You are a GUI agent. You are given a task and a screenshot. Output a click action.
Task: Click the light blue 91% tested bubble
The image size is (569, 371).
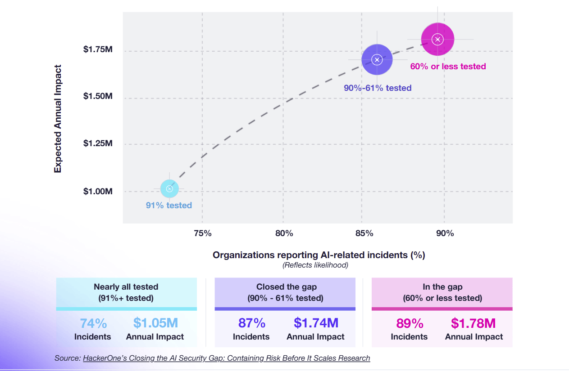170,189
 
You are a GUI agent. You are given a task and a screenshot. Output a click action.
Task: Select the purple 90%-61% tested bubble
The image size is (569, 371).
377,59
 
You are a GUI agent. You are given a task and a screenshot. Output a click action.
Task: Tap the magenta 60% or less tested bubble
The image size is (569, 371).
437,40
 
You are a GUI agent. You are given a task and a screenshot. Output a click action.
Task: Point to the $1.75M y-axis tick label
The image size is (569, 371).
98,49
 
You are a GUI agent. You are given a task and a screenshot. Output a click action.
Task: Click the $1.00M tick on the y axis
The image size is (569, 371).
98,192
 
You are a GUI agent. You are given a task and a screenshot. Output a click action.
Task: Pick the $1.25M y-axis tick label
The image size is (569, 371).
98,144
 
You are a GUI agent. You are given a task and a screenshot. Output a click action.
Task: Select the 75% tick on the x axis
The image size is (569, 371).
203,233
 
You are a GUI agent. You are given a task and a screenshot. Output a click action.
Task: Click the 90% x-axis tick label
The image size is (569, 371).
445,233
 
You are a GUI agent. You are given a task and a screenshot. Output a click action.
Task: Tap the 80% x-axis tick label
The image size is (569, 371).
284,233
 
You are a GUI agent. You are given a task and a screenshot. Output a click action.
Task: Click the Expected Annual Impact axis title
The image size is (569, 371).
58,119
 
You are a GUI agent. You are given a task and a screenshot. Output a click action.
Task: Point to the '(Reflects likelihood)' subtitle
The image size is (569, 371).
315,265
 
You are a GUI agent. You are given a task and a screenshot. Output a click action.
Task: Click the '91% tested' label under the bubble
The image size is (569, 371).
169,206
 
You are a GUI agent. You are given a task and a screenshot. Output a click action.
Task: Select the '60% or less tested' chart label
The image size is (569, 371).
448,67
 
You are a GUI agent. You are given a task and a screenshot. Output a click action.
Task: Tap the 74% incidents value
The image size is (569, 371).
93,323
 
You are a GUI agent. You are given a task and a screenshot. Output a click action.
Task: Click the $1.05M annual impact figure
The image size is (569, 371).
155,323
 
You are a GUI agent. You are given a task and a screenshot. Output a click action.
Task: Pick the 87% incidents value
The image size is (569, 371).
251,323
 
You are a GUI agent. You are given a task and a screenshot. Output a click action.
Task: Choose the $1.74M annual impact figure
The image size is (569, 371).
316,323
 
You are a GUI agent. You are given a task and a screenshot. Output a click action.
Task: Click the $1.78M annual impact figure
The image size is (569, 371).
473,323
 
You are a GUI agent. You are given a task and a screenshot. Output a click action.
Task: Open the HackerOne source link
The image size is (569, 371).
226,358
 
